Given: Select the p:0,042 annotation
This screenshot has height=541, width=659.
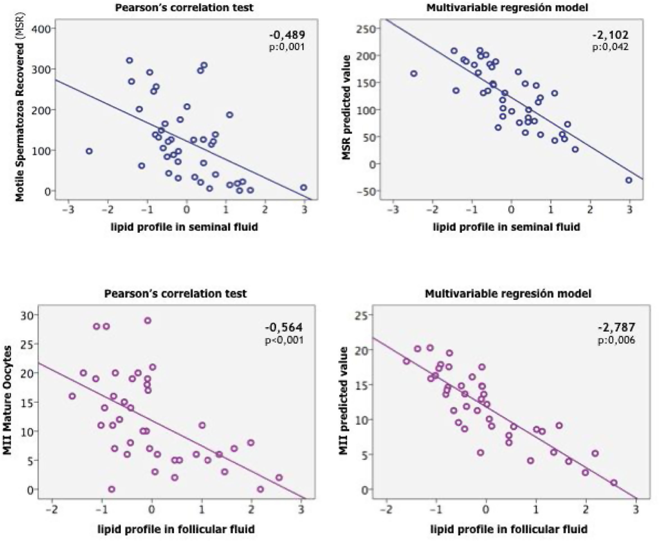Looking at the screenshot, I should (x=610, y=47).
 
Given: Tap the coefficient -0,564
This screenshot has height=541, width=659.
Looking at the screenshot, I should (x=283, y=327).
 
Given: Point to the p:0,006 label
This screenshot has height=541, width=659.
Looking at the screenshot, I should (x=616, y=340).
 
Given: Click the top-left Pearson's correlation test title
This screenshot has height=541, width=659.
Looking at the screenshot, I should (x=184, y=7).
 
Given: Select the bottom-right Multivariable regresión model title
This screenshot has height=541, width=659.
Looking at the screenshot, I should (x=508, y=294).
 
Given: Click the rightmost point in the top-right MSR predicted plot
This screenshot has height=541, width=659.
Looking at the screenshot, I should (x=629, y=180).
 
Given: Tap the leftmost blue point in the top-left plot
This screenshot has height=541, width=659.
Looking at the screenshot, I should (x=89, y=151).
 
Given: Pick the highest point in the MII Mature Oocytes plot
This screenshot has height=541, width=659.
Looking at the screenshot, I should (x=148, y=320).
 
